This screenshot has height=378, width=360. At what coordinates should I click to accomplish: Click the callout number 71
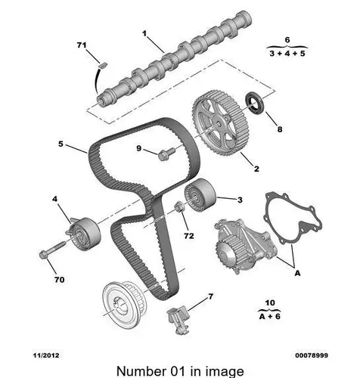point(82,45)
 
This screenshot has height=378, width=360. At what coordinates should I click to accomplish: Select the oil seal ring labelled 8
point(255,104)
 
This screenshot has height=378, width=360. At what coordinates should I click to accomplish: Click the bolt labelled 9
point(166,153)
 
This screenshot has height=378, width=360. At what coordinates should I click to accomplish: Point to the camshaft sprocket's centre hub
point(219,123)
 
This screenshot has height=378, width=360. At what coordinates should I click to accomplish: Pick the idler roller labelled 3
point(200,195)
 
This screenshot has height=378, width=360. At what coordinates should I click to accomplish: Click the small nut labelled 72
point(179,206)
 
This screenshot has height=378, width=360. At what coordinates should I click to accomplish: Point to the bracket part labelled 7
point(178,319)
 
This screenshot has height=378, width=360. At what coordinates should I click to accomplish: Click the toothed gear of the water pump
point(228,253)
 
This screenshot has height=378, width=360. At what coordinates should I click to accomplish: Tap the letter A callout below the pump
point(297,273)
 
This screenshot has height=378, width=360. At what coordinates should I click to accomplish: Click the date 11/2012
point(46,355)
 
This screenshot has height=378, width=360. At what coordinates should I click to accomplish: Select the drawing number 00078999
point(312,355)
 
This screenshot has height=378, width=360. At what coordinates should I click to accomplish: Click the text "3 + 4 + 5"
point(287,54)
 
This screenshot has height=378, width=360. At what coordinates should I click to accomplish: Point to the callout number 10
point(270,302)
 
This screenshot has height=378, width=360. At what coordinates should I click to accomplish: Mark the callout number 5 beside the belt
point(61,144)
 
